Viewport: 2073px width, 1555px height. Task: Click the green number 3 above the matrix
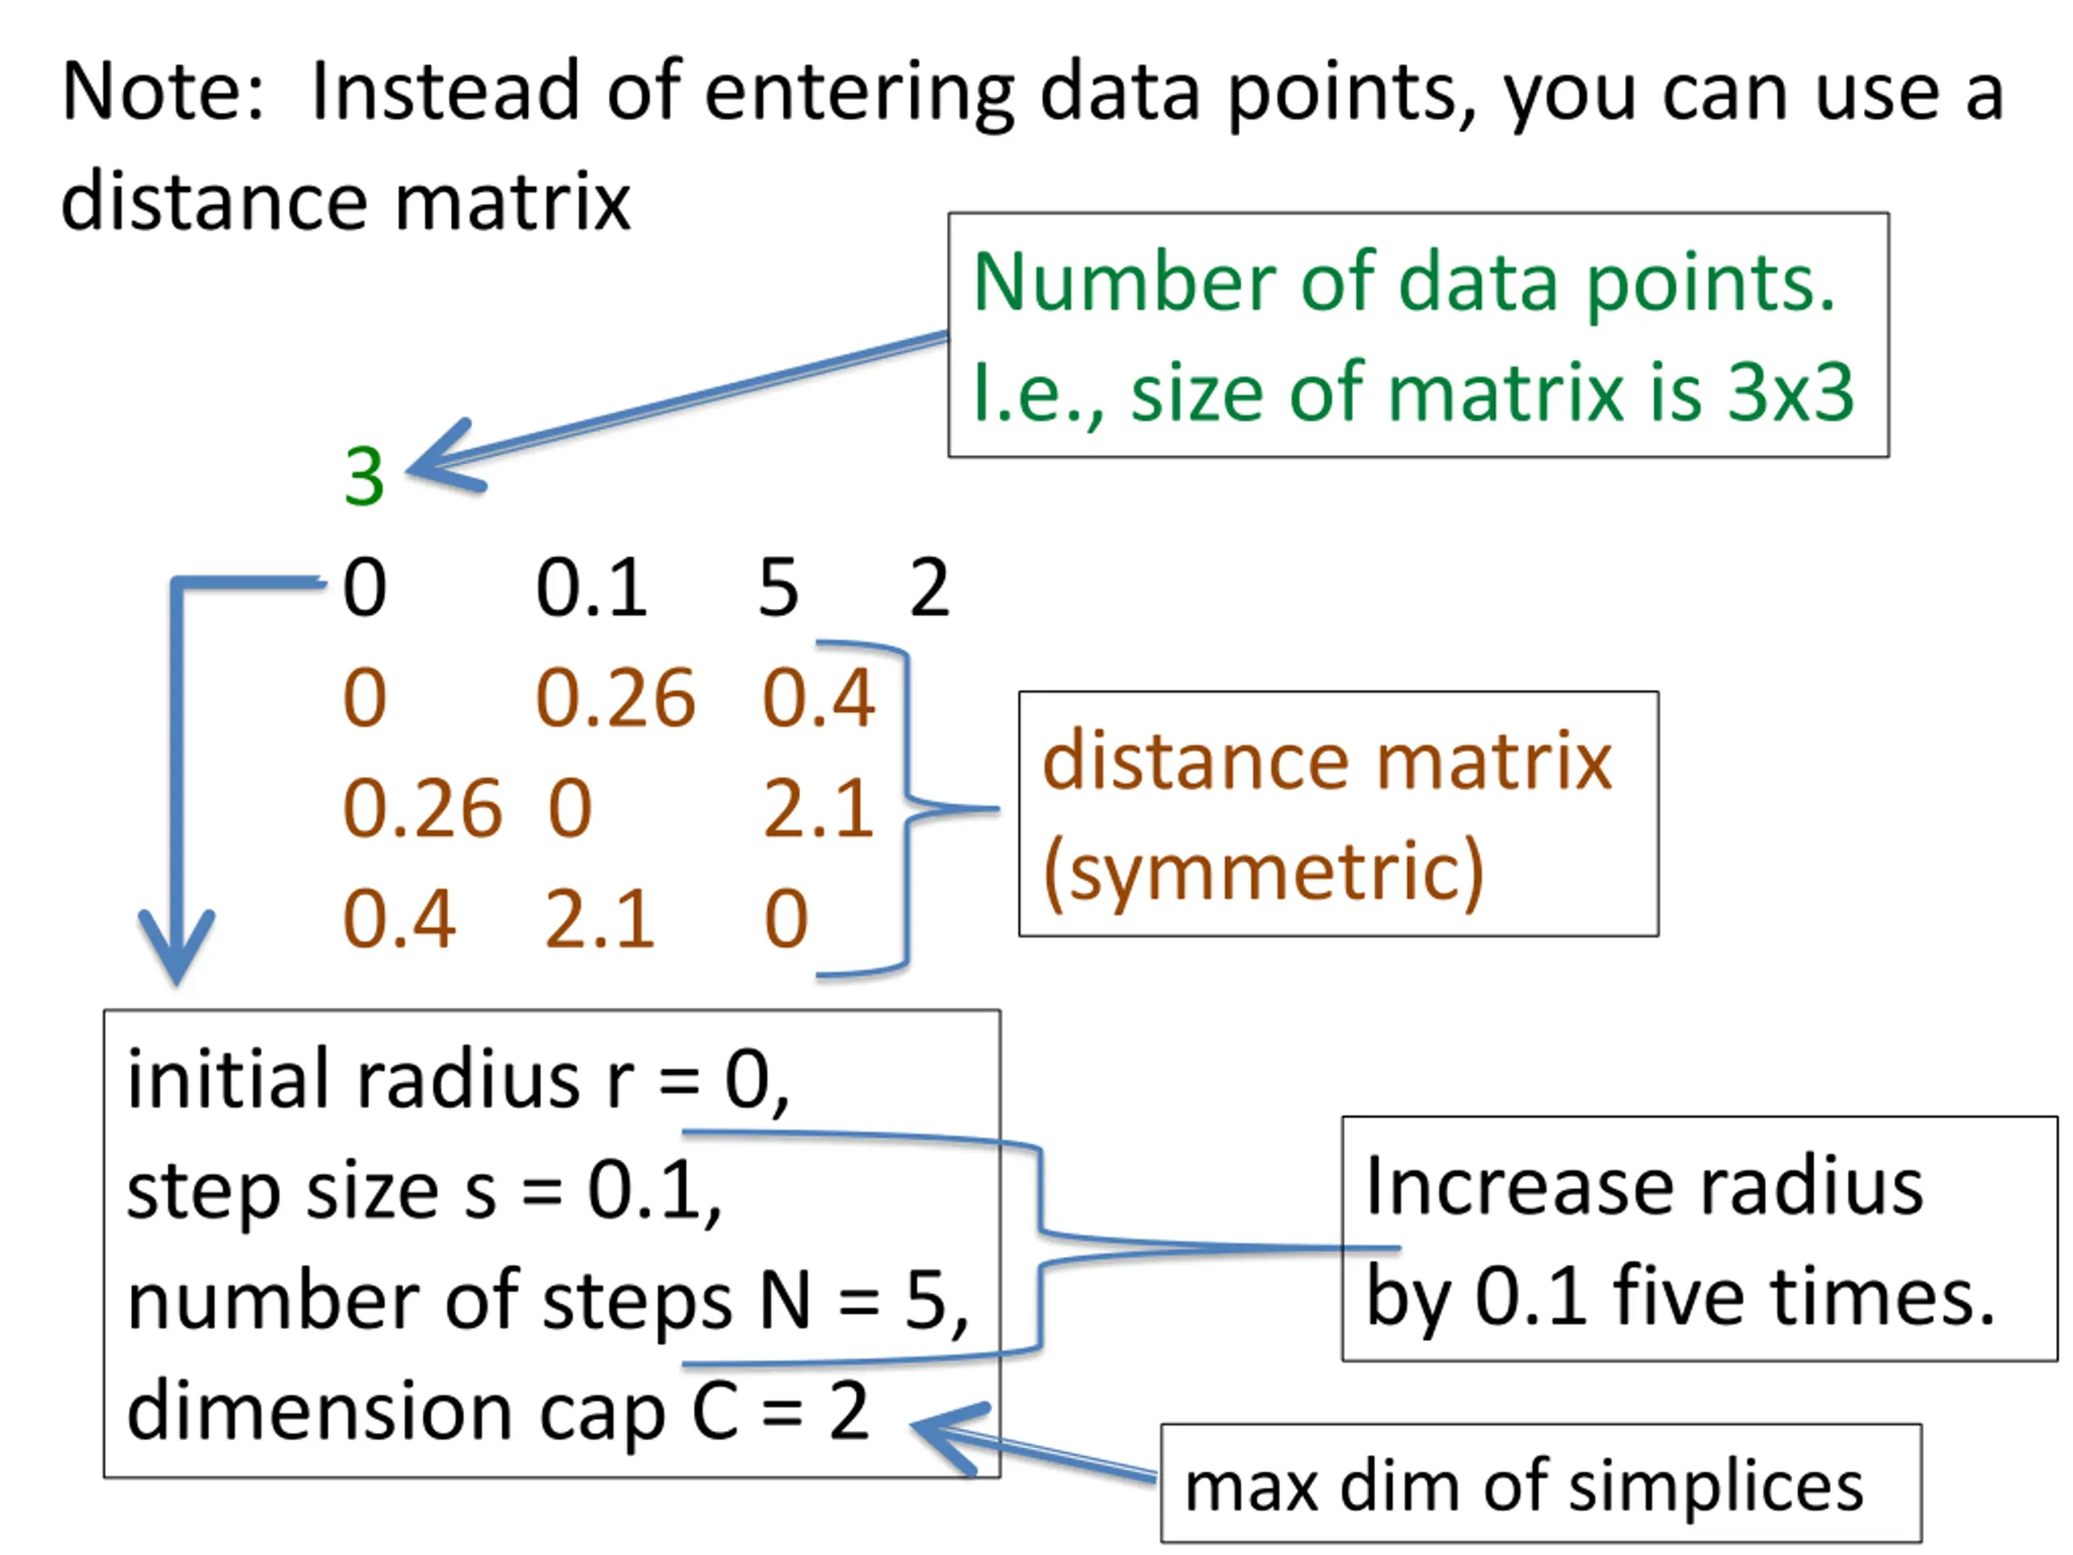coord(364,476)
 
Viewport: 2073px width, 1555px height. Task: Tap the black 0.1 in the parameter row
coord(591,588)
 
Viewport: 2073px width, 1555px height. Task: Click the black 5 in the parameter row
coord(779,588)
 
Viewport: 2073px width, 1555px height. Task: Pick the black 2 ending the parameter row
coord(929,588)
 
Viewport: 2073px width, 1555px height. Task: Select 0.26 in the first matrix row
coord(615,698)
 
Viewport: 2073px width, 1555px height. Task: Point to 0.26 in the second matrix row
coord(422,808)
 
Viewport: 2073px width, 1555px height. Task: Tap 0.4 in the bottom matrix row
coord(399,918)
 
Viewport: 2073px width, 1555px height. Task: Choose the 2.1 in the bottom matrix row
coord(600,918)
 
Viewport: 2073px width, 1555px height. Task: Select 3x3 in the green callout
coord(1790,393)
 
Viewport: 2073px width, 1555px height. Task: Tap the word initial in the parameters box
coord(231,1079)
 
